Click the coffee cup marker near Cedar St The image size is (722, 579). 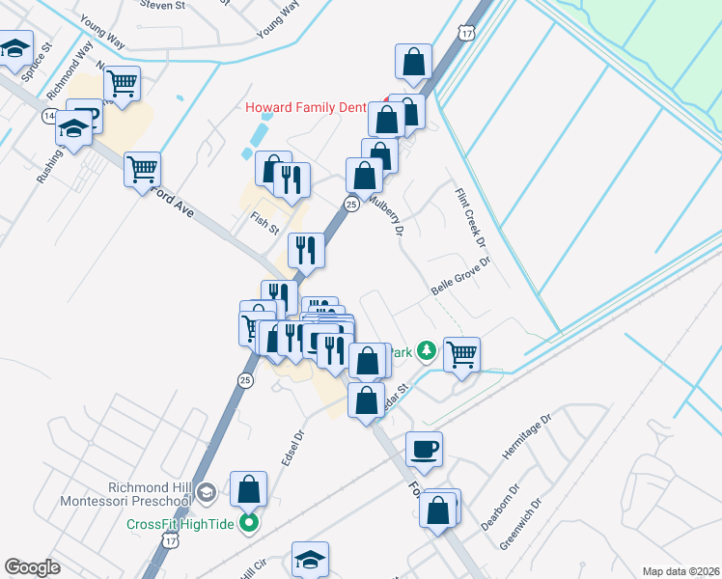pos(424,448)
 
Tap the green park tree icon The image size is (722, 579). pos(427,352)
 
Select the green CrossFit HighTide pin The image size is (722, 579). pos(249,524)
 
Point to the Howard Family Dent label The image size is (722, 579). pos(306,108)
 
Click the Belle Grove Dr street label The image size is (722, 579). pos(461,278)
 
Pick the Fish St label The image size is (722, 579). pos(264,224)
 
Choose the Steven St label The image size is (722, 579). pos(162,5)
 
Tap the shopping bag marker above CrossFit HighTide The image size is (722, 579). pos(249,488)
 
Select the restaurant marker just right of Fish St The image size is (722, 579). pos(306,249)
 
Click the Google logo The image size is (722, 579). pos(32,567)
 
